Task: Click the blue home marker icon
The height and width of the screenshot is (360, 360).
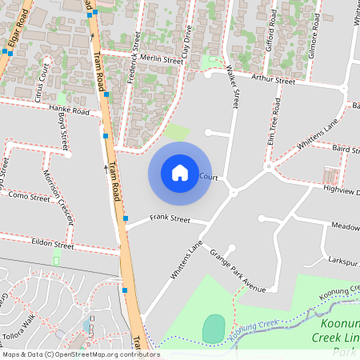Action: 180,173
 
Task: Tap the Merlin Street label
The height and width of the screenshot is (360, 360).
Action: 161,60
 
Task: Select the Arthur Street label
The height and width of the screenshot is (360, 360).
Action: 273,80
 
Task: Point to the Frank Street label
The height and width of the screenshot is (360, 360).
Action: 170,218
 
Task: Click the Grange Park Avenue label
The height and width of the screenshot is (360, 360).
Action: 237,270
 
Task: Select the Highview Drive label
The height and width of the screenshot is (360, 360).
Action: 339,183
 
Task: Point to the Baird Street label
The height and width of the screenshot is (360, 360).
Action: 346,149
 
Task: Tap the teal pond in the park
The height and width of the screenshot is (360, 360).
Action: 214,329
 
